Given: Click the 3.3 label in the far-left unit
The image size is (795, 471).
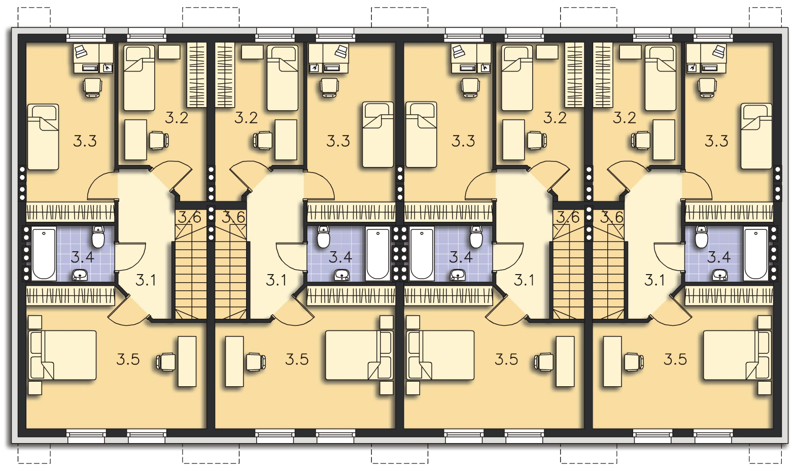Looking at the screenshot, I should pyautogui.click(x=85, y=141).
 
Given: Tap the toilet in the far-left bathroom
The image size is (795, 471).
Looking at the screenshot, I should pyautogui.click(x=98, y=237).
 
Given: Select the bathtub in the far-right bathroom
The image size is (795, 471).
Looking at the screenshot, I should pyautogui.click(x=755, y=253).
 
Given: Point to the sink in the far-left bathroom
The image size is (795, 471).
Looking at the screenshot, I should pyautogui.click(x=80, y=275).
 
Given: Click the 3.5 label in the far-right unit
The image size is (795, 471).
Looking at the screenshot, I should pyautogui.click(x=675, y=359).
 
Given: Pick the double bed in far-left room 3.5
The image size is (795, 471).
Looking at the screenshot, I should pyautogui.click(x=62, y=355).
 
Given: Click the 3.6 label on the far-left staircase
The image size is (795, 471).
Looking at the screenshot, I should pyautogui.click(x=189, y=217).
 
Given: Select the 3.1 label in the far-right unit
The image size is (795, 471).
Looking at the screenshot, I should pyautogui.click(x=654, y=280).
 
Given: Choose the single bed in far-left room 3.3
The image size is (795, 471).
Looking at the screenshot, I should pyautogui.click(x=43, y=137).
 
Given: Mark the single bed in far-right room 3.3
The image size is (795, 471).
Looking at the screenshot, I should pyautogui.click(x=756, y=136).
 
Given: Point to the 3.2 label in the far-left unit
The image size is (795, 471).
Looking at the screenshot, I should pyautogui.click(x=177, y=118).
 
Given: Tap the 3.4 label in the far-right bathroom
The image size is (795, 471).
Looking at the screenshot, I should pyautogui.click(x=719, y=257).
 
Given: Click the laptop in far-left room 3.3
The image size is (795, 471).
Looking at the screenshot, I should pyautogui.click(x=80, y=51).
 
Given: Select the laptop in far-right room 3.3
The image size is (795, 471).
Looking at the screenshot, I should pyautogui.click(x=718, y=51).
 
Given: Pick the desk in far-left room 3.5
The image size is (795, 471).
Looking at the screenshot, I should pyautogui.click(x=187, y=361).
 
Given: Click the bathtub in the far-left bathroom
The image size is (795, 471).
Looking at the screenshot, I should pyautogui.click(x=44, y=253).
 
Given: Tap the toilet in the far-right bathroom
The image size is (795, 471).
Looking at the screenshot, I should pyautogui.click(x=701, y=237).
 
